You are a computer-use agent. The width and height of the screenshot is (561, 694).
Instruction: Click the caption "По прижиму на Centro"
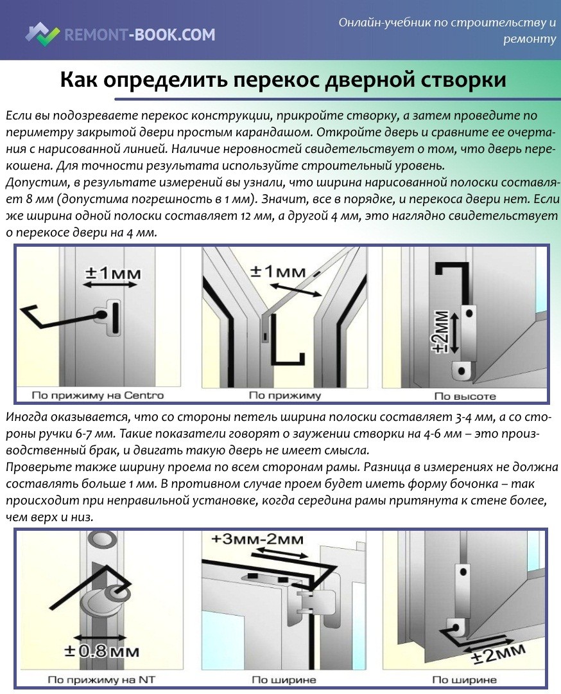click(98, 395)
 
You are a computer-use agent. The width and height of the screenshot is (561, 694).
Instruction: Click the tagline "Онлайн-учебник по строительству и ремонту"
click(447, 30)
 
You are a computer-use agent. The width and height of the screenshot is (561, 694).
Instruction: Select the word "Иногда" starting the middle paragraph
click(25, 417)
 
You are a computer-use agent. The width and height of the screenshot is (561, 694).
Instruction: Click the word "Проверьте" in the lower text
click(31, 466)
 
